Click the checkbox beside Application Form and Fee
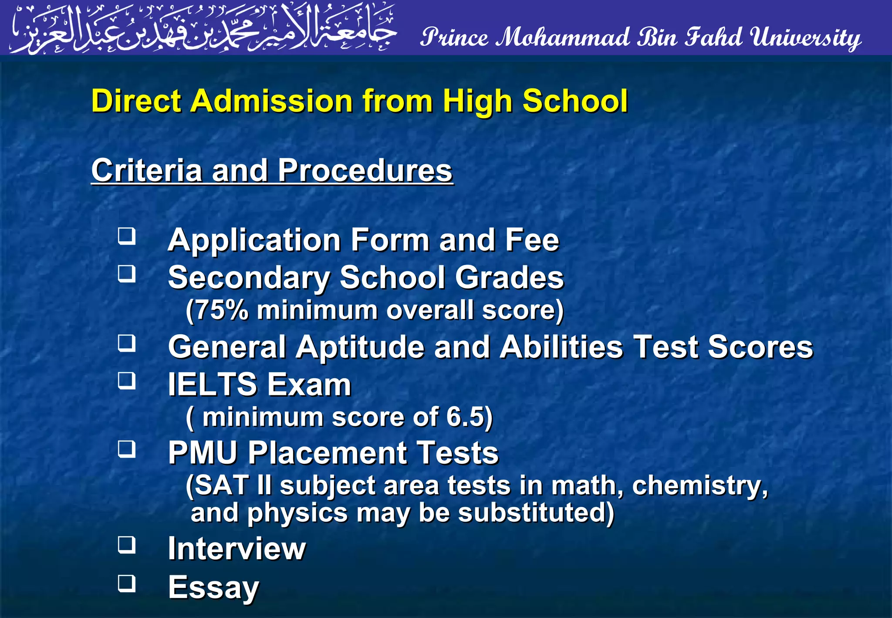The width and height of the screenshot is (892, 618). pos(127,236)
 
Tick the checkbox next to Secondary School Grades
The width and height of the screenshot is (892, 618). pos(127,274)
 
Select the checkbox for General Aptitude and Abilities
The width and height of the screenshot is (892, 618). pos(127,343)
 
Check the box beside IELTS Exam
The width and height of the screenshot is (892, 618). pos(127,381)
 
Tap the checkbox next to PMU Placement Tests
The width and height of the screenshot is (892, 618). pos(127,449)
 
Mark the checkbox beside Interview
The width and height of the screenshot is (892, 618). pos(127,545)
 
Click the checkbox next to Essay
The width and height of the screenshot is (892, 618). pos(127,584)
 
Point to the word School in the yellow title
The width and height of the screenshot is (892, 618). pos(575,101)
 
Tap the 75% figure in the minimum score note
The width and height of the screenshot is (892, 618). pos(222,310)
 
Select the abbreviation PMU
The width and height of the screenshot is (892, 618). pos(203,452)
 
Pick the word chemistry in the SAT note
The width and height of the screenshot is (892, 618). pos(699,486)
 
